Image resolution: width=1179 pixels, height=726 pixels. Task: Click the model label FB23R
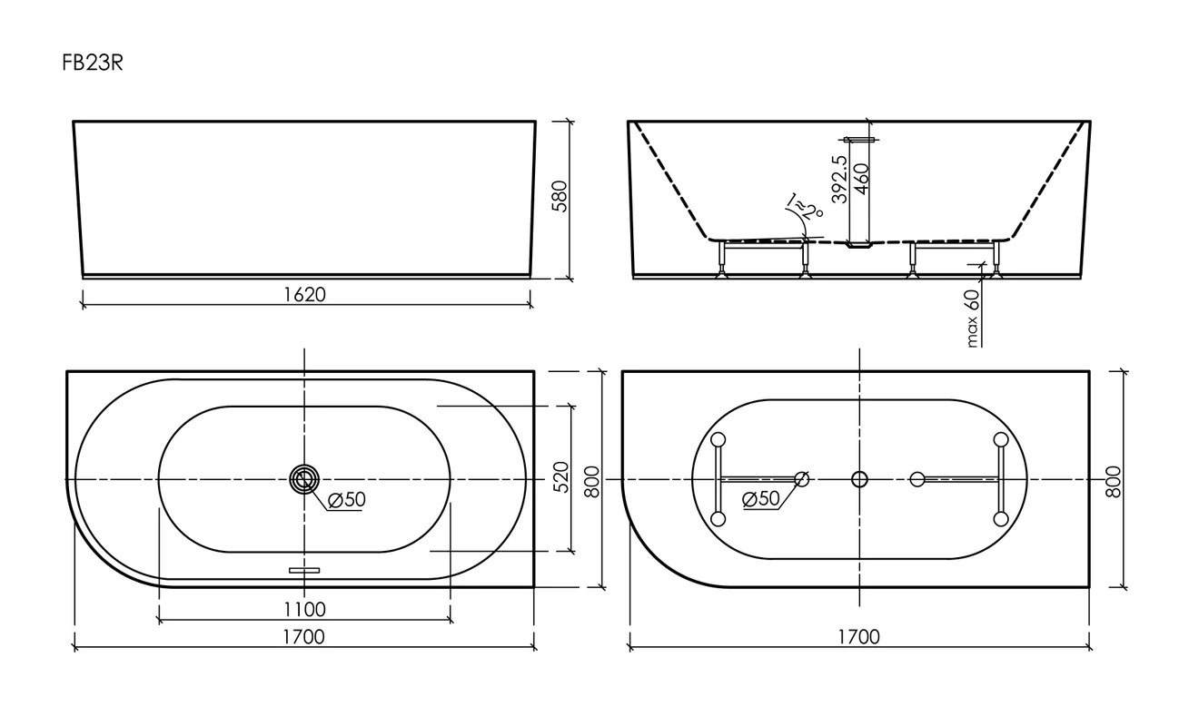(x=92, y=64)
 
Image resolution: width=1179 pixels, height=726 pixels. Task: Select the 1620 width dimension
(x=305, y=294)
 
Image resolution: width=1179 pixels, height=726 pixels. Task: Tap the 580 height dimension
(x=560, y=196)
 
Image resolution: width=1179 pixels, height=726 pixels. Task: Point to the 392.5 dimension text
(x=839, y=180)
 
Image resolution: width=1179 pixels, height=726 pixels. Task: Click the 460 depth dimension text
(x=862, y=179)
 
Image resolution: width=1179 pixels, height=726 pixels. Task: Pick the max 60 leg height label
(x=973, y=319)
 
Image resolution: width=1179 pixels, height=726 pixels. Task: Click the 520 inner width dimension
(x=561, y=476)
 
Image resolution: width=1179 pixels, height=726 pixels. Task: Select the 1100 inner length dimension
(x=305, y=609)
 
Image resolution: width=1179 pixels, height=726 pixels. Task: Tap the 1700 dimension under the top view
(x=303, y=637)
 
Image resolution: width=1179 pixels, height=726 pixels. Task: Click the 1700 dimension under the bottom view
(x=859, y=637)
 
